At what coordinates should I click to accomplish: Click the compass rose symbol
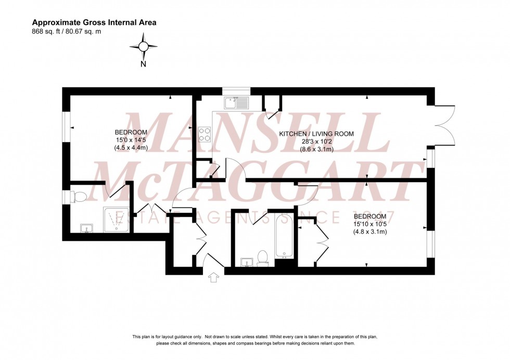click(x=143, y=46)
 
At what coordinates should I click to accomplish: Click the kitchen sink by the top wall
click(x=237, y=102)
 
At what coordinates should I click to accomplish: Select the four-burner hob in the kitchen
click(x=205, y=135)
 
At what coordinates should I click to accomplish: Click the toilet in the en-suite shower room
click(x=79, y=197)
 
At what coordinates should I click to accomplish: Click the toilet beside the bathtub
click(x=263, y=257)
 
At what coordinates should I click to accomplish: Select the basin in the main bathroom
click(x=246, y=262)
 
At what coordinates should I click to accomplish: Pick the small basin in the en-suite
click(x=86, y=228)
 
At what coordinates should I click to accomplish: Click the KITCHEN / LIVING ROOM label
click(x=316, y=134)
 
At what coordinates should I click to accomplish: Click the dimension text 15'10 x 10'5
click(x=370, y=224)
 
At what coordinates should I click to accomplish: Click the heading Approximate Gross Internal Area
click(x=94, y=22)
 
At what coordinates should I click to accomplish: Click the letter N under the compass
click(x=143, y=65)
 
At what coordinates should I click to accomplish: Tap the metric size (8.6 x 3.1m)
click(x=316, y=149)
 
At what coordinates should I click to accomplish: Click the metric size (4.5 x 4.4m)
click(x=131, y=147)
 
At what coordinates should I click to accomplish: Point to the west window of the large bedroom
click(x=66, y=126)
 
